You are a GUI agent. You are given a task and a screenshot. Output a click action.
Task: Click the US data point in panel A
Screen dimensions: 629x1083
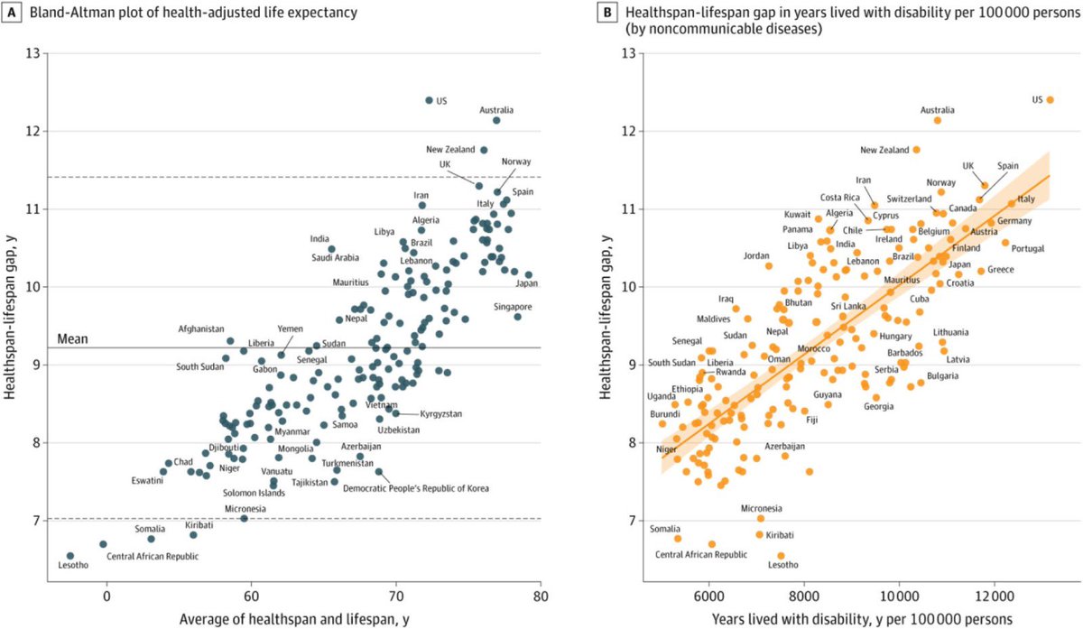coord(429,100)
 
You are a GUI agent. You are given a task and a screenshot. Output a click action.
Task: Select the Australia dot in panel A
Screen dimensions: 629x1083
coord(496,120)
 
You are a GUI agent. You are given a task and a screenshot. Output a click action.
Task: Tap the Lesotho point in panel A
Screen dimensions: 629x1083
coord(70,556)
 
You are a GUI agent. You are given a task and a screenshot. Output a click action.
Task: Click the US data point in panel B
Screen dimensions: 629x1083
coord(1050,100)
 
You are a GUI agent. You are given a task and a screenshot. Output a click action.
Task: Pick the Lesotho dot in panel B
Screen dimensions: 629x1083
coord(781,556)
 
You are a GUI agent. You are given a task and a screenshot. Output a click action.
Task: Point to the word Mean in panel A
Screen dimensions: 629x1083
coord(72,338)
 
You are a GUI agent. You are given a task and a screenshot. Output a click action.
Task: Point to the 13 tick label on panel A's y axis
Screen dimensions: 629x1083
coord(34,53)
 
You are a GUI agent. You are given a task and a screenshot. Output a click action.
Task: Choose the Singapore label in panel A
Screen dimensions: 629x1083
coord(513,307)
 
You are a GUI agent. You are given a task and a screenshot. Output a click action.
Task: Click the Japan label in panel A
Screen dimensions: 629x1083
coord(526,284)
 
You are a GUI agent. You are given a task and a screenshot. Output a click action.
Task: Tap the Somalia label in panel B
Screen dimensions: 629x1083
coord(665,527)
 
